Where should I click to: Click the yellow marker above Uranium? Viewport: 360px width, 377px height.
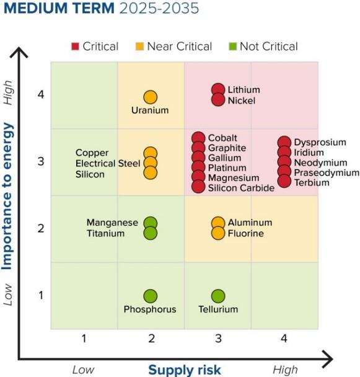(151, 97)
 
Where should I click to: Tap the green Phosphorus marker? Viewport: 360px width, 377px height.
(151, 296)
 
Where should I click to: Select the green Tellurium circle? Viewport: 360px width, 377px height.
(218, 296)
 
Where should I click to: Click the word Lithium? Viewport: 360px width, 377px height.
(244, 90)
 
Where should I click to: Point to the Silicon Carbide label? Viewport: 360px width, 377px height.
(241, 188)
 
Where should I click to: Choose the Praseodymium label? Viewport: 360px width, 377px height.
(327, 172)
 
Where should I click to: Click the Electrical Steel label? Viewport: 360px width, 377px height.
(108, 164)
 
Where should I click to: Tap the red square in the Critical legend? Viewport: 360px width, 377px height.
(75, 47)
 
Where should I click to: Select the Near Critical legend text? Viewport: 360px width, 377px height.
(180, 47)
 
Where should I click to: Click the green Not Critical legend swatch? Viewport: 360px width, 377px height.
(233, 47)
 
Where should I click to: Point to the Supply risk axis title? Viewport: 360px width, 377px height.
(185, 370)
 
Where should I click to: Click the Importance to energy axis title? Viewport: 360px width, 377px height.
(7, 196)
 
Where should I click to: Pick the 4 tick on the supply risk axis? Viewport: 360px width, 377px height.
(284, 339)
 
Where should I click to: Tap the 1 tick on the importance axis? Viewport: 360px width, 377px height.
(41, 295)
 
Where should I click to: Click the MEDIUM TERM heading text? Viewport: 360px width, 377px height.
(59, 8)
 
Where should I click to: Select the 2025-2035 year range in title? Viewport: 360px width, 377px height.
(159, 8)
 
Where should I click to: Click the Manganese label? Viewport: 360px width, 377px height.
(112, 223)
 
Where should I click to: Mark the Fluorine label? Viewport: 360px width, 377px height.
(246, 234)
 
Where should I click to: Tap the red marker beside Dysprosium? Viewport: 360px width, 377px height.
(284, 143)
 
